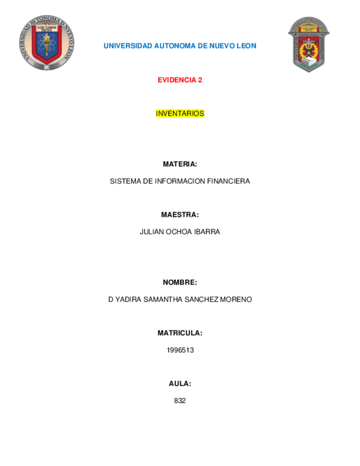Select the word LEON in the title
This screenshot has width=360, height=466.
pos(246,46)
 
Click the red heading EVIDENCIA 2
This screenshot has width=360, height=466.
pos(180,80)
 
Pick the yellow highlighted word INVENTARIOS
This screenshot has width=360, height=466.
pos(180,114)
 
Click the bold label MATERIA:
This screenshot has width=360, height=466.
pos(180,164)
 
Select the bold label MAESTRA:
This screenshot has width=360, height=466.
pos(180,215)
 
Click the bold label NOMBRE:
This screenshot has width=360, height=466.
pos(180,282)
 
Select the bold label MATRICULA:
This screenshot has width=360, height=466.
pos(180,333)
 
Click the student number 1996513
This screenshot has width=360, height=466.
pos(180,350)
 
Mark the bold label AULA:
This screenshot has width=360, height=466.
pos(180,384)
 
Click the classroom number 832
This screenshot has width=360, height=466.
pos(180,401)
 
